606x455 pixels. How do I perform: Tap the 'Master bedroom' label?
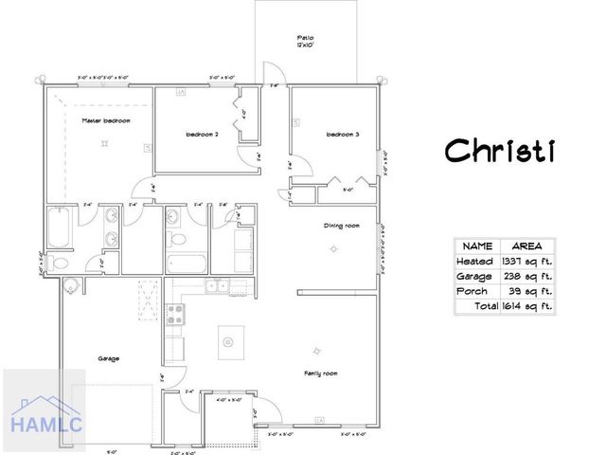point(105,121)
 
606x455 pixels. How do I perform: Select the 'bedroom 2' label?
point(202,135)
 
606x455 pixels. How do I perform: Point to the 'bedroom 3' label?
point(342,135)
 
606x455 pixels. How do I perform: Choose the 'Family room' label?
point(321,373)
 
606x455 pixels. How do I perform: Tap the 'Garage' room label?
point(109,358)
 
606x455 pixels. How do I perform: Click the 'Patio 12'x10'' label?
point(306,42)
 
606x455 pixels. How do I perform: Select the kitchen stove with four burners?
point(174,315)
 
